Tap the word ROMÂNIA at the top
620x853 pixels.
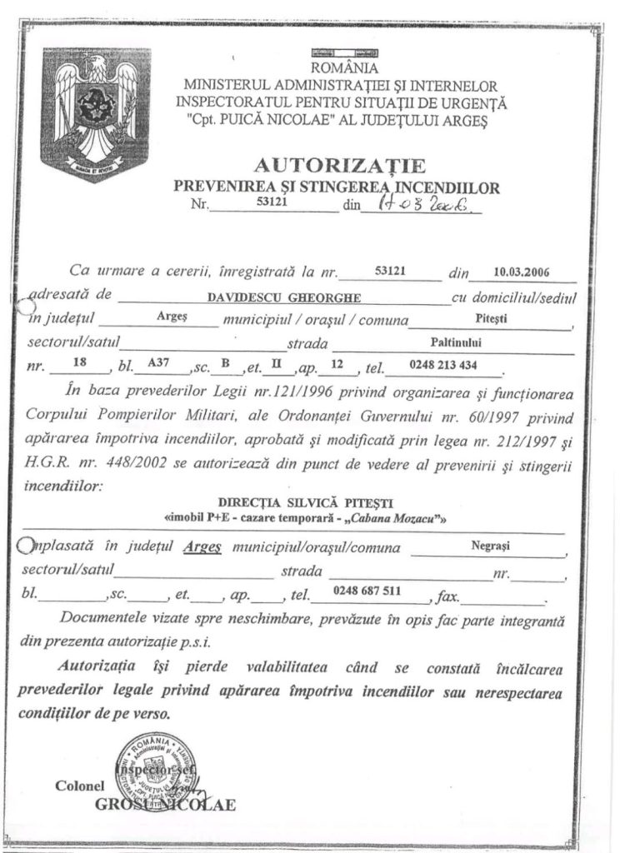click(344, 68)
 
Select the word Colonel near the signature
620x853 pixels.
click(80, 785)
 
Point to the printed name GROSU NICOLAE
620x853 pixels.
click(166, 805)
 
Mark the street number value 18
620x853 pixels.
click(80, 364)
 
